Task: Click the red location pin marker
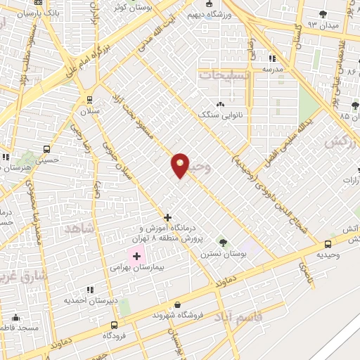click(x=181, y=165)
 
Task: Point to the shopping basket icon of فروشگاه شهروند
click(x=177, y=304)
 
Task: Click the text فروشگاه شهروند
click(x=177, y=315)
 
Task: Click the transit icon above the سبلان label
click(x=89, y=99)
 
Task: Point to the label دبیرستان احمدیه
click(x=89, y=300)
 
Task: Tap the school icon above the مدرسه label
click(x=272, y=58)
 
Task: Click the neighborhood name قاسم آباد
click(x=243, y=317)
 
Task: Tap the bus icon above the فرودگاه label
click(x=115, y=325)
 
